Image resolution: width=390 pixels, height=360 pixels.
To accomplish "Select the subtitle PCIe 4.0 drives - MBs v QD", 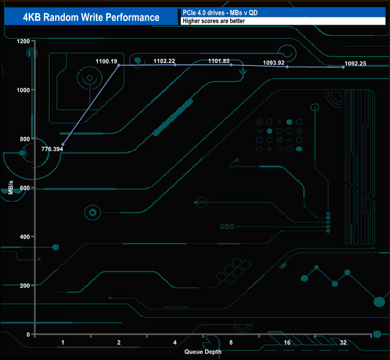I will (x=216, y=12).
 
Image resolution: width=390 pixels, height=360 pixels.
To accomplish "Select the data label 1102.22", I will (x=164, y=61).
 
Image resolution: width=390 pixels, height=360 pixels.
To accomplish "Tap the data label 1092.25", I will (x=354, y=63).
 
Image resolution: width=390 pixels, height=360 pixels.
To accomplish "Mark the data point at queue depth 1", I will (x=62, y=145).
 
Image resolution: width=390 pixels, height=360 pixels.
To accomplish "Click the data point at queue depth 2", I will (x=119, y=65).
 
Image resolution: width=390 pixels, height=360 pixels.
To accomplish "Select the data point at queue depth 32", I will (x=343, y=67).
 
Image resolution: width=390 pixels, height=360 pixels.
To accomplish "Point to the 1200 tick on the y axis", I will (x=23, y=41).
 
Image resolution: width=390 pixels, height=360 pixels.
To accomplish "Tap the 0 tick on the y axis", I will (x=28, y=334).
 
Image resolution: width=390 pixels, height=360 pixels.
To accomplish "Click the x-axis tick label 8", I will (x=231, y=343).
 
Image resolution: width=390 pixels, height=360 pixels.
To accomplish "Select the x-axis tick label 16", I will (x=287, y=343).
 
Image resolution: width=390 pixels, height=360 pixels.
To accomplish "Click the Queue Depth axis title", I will (x=203, y=352).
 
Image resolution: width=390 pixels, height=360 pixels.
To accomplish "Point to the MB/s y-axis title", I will (x=11, y=188).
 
